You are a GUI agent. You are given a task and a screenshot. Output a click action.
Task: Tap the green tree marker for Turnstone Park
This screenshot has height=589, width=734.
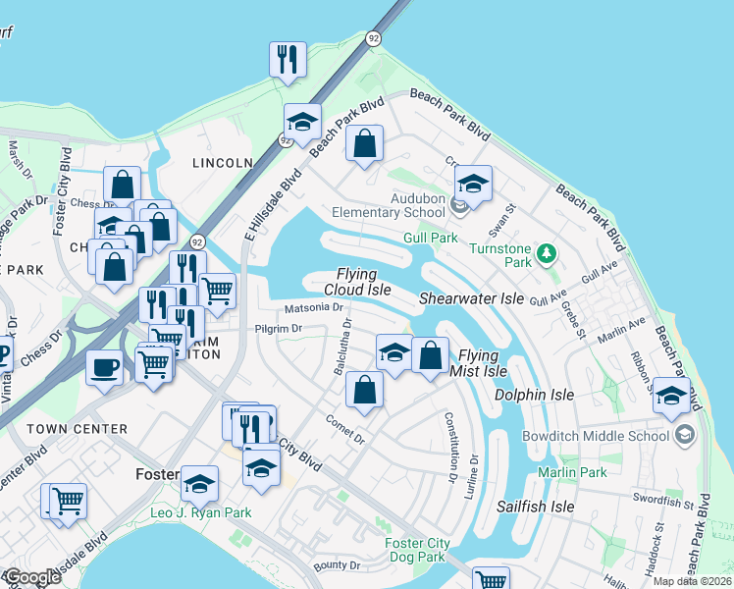(x=547, y=255)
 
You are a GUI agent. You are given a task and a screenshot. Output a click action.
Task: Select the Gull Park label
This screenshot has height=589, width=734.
(x=431, y=239)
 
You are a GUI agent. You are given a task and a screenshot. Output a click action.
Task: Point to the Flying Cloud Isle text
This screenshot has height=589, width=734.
(x=358, y=282)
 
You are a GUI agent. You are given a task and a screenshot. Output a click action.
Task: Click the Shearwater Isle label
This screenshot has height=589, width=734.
(x=472, y=298)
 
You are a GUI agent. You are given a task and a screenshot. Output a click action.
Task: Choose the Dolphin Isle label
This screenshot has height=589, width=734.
(x=535, y=395)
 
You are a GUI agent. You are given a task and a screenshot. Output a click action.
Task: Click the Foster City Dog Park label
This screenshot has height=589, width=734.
(x=418, y=550)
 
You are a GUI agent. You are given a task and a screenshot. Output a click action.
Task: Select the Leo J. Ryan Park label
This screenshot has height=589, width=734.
(x=200, y=512)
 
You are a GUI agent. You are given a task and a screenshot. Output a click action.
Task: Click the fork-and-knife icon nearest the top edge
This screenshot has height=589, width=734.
(x=288, y=59)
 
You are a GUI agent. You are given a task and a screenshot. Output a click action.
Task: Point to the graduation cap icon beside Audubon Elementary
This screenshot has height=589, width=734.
(x=473, y=184)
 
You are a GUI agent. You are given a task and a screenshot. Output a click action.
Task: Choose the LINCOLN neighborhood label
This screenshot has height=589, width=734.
(x=216, y=163)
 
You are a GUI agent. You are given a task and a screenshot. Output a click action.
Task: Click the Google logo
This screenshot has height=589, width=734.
(x=31, y=577)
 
